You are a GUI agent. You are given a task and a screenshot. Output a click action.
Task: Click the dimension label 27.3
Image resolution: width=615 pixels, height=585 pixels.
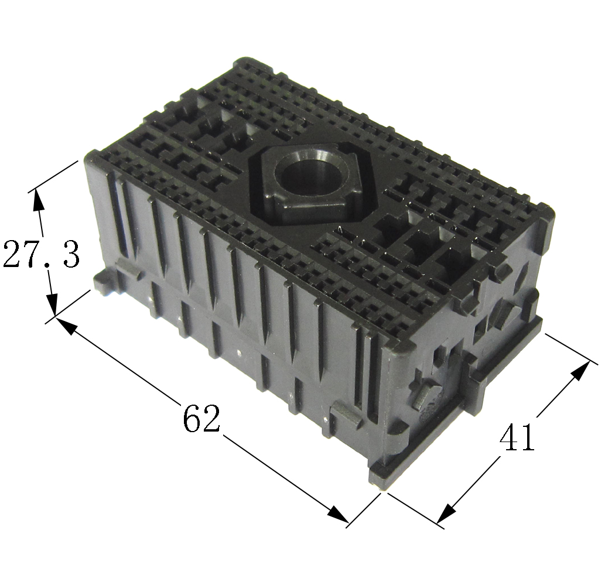(41, 254)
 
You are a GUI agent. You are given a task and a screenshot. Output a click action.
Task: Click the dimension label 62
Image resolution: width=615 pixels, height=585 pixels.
(200, 418)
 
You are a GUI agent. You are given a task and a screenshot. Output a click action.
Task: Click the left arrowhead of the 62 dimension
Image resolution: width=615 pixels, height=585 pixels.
(67, 326)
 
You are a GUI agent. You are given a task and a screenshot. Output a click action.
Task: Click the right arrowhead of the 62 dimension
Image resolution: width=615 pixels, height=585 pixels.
(337, 514)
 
